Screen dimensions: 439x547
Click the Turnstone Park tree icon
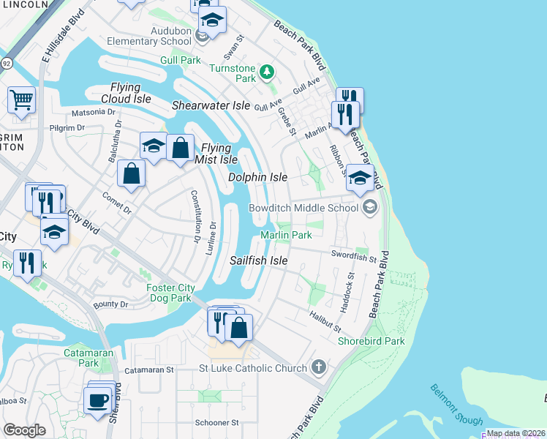coord(268,71)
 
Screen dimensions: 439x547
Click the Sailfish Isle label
coord(258,260)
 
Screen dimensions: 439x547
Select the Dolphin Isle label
coord(257,178)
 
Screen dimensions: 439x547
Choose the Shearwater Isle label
coord(211,105)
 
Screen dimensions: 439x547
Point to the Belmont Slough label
coord(456,405)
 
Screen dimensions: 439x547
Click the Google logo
coord(24,429)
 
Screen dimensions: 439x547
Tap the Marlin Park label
coord(287,235)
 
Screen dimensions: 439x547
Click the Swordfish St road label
coord(352,258)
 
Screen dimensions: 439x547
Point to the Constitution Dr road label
coord(195,216)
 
